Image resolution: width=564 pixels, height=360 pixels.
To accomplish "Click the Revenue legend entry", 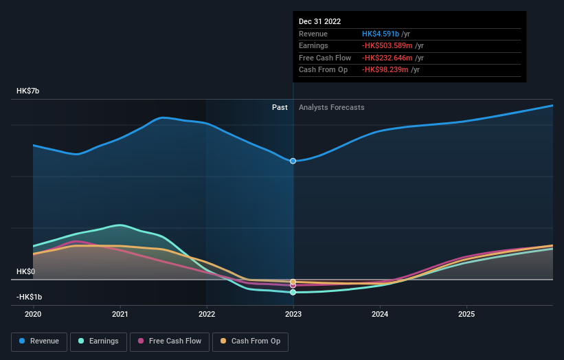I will coord(39,341).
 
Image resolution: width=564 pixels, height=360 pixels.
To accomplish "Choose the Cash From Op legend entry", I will coord(251,341).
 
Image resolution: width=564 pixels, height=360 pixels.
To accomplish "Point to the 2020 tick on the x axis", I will coord(33,315).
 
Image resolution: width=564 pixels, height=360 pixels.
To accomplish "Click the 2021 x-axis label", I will coord(120,315).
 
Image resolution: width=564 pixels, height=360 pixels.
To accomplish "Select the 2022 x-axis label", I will coord(207,315).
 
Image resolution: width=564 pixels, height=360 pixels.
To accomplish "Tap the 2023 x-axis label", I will coord(293,315).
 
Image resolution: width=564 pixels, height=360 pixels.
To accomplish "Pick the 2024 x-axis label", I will coord(380,315).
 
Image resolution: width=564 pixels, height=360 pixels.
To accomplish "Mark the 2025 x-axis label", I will coord(466,315).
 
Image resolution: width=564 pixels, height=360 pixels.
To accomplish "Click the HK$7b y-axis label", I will coord(29,91).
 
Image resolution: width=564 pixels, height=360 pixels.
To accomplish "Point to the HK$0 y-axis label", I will coord(26,271).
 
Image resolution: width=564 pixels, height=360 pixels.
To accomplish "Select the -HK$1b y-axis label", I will coord(29,297).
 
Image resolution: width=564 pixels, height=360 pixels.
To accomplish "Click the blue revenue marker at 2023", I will coord(293,161).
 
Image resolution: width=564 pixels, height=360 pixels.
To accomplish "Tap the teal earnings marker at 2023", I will coord(293,293).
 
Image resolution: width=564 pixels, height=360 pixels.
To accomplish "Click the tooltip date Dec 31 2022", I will coord(319,22).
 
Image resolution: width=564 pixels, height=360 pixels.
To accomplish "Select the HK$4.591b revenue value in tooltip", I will coord(386,34).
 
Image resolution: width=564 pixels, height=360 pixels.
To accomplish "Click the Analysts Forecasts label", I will coord(331,107).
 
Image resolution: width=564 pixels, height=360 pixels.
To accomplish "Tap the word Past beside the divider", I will coord(280,107).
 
